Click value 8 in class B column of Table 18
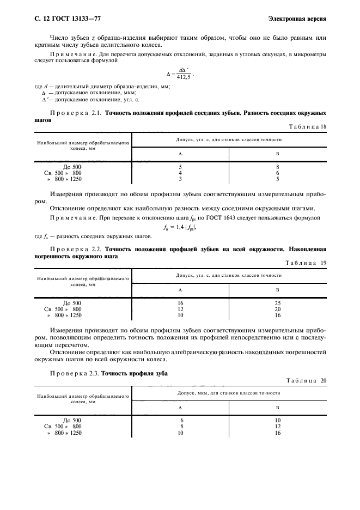(278, 167)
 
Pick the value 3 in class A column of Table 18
(180, 179)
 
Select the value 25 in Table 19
(278, 302)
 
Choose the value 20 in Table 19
(278, 308)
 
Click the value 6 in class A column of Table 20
(180, 421)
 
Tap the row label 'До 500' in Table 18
(72, 167)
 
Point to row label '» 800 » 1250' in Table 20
(65, 433)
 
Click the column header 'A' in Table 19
(180, 290)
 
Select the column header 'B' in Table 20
(278, 408)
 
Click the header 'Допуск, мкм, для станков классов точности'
(229, 393)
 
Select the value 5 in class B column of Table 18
(278, 179)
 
